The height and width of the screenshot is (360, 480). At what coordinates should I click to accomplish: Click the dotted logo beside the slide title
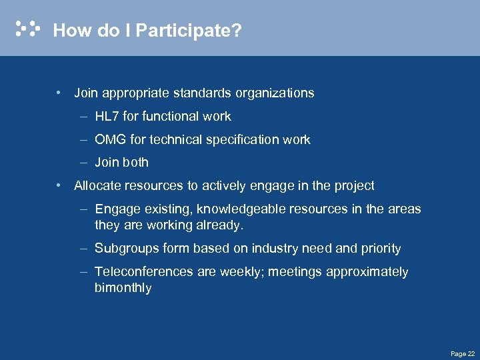(28, 29)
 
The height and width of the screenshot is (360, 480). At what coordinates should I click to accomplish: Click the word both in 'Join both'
(135, 163)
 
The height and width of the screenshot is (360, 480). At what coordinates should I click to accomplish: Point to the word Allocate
(98, 186)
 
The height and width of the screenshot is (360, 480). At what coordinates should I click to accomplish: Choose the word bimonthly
(123, 289)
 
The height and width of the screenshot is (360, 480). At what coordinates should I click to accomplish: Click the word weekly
(259, 272)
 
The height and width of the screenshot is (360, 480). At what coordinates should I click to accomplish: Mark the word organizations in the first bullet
(275, 93)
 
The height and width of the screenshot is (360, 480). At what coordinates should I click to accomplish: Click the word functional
(168, 117)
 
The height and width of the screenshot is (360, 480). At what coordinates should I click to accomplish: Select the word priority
(381, 249)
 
